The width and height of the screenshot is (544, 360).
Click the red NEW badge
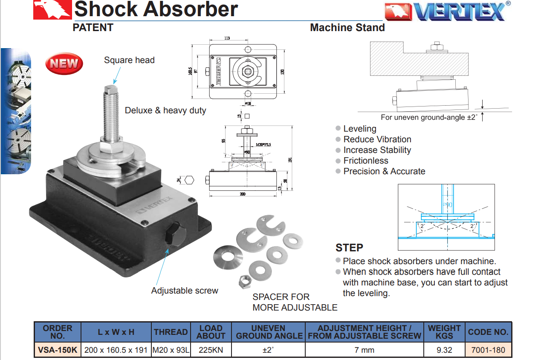pos(64,64)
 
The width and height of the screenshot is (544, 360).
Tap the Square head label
pos(129,60)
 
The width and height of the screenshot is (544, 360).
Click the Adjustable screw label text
pos(185,291)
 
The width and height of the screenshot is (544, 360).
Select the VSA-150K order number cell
pos(58,350)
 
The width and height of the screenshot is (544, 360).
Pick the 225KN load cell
pos(211,350)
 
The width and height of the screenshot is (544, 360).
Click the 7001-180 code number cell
pos(488,350)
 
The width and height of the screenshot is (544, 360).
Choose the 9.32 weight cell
pos(444,350)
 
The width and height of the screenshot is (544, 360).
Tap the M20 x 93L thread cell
pos(171,350)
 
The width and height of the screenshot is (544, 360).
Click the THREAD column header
pos(171,332)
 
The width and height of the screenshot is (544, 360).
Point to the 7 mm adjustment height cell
pos(365,350)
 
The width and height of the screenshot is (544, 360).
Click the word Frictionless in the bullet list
pos(366,161)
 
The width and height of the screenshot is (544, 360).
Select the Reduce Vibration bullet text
pos(377,139)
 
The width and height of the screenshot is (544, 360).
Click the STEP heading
pos(349,248)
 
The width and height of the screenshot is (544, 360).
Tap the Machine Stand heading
pos(347,28)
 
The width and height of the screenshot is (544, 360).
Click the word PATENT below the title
pos(93,28)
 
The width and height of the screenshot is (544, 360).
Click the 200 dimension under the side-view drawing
pos(243,194)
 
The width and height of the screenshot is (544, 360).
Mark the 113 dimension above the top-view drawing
pos(227,38)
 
